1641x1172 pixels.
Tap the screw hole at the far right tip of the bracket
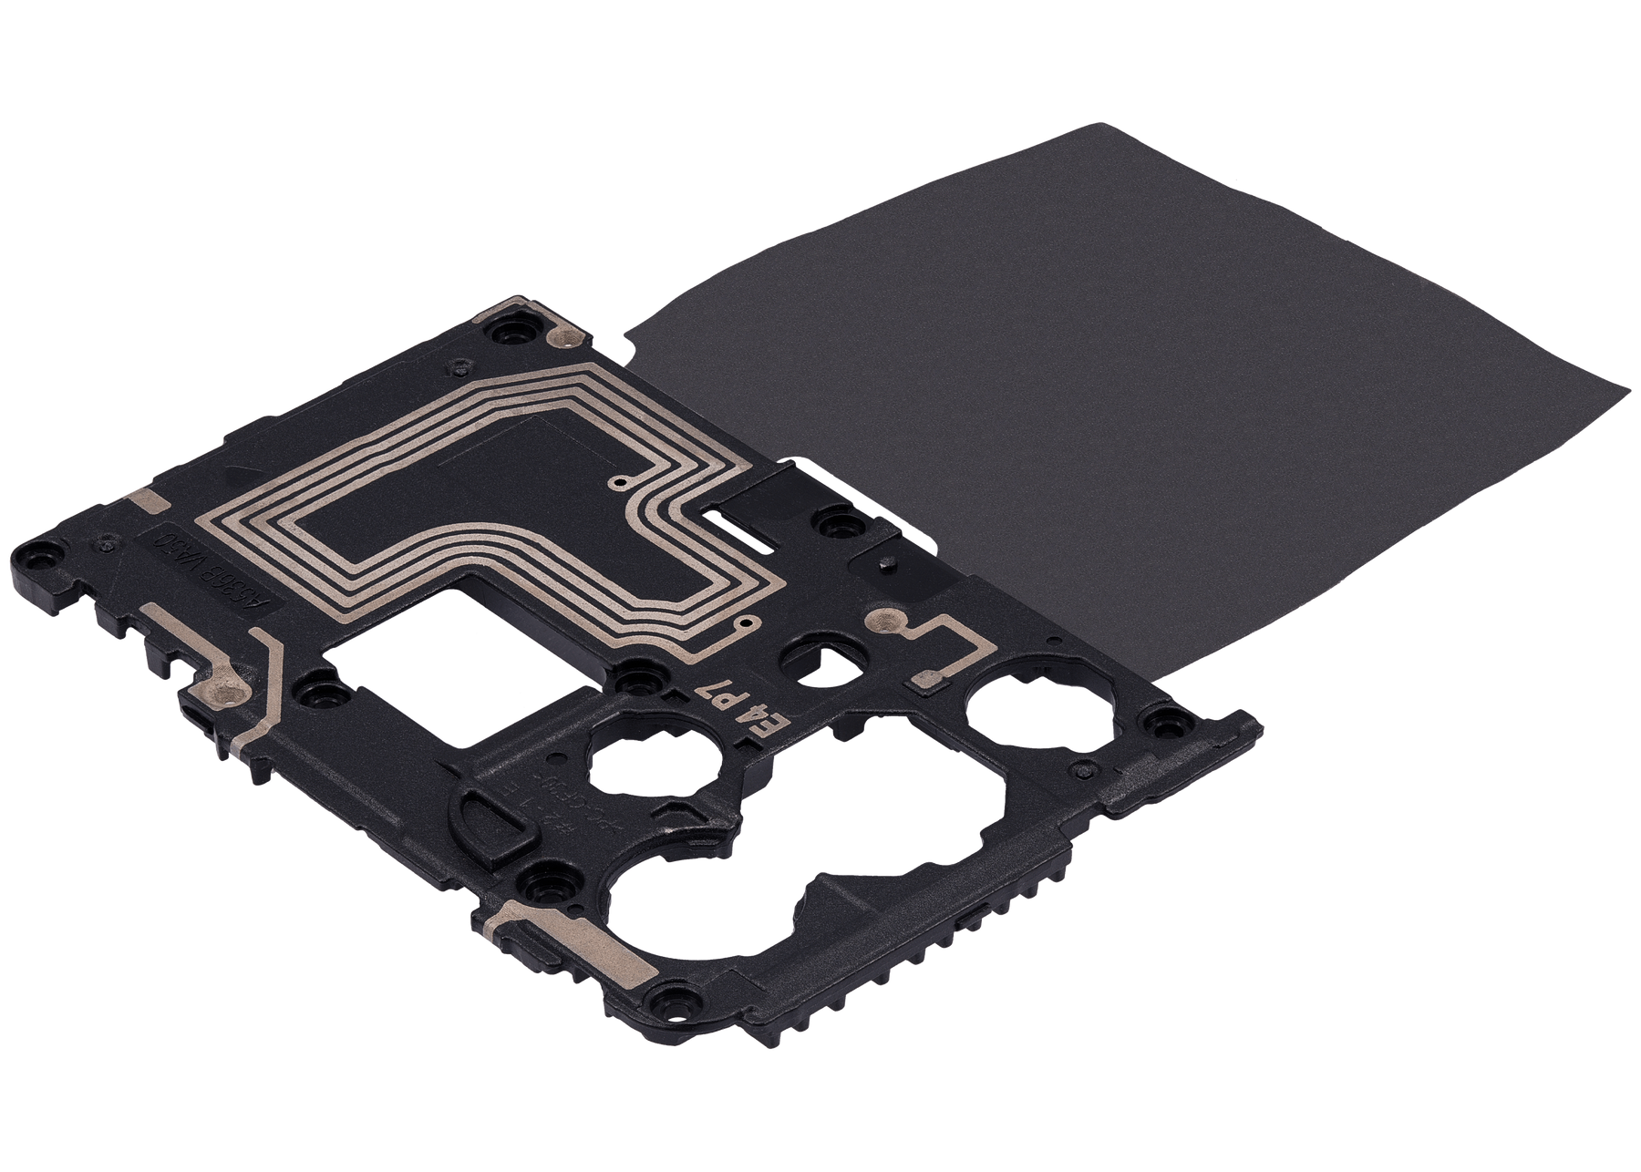[x=1162, y=725]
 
